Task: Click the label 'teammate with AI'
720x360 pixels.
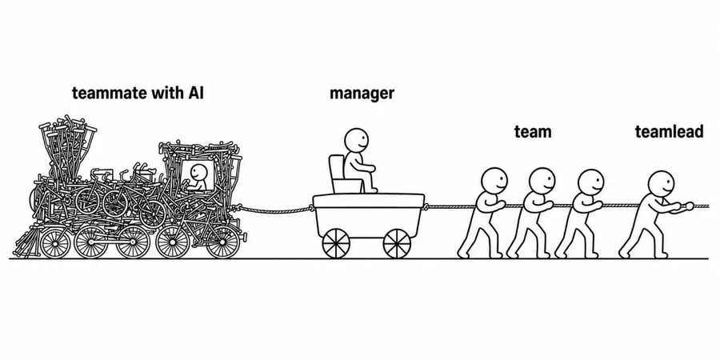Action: (x=138, y=94)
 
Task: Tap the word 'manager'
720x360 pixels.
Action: (x=362, y=94)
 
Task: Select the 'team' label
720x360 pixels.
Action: (x=533, y=132)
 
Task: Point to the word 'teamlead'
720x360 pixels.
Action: (x=669, y=132)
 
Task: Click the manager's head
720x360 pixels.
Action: (x=357, y=140)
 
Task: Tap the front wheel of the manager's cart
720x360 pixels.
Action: (x=397, y=243)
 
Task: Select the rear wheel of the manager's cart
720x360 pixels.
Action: (x=336, y=243)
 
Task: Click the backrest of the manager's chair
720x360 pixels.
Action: (x=337, y=168)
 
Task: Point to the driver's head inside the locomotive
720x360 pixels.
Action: (x=199, y=173)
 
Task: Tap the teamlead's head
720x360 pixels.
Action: (x=661, y=183)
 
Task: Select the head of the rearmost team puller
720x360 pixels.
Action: (x=494, y=180)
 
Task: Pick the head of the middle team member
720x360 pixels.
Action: (x=542, y=181)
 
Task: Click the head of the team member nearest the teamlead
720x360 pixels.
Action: (x=591, y=182)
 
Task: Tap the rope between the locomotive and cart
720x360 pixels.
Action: (x=274, y=210)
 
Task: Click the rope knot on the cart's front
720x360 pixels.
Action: (x=426, y=206)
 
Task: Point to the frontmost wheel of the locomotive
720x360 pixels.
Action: (x=223, y=242)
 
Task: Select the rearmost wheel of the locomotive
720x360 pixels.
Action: (x=55, y=242)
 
